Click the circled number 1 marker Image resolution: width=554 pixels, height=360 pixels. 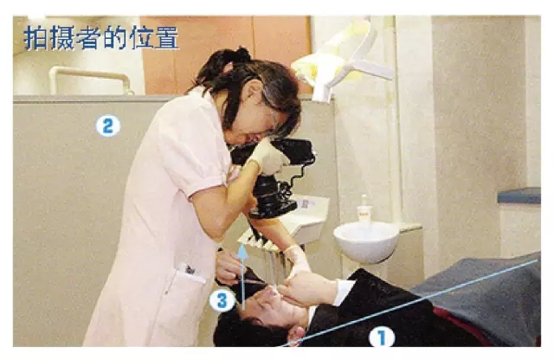382,337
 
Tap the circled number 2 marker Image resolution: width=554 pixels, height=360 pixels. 107,126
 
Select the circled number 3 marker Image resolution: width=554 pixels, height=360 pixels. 222,301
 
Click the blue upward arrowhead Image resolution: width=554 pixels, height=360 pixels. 242,251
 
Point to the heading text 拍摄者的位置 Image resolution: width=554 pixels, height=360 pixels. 101,38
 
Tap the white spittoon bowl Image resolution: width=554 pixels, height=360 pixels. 365,242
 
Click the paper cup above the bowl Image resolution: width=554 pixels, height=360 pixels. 364,215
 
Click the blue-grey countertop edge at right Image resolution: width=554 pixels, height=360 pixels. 519,196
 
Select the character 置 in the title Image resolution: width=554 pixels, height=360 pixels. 167,38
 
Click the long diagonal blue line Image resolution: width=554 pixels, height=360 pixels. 409,302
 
